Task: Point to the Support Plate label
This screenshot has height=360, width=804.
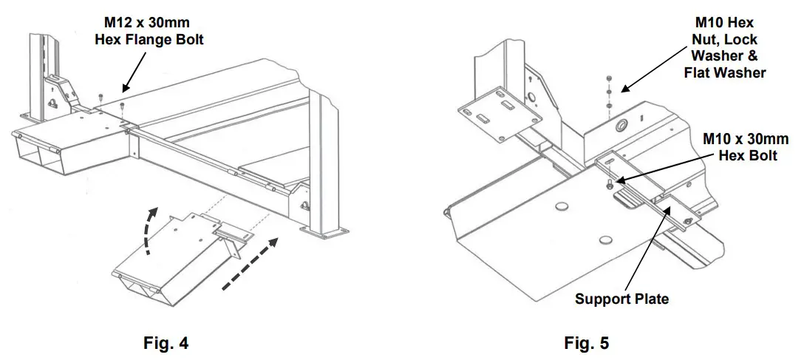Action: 623,299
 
